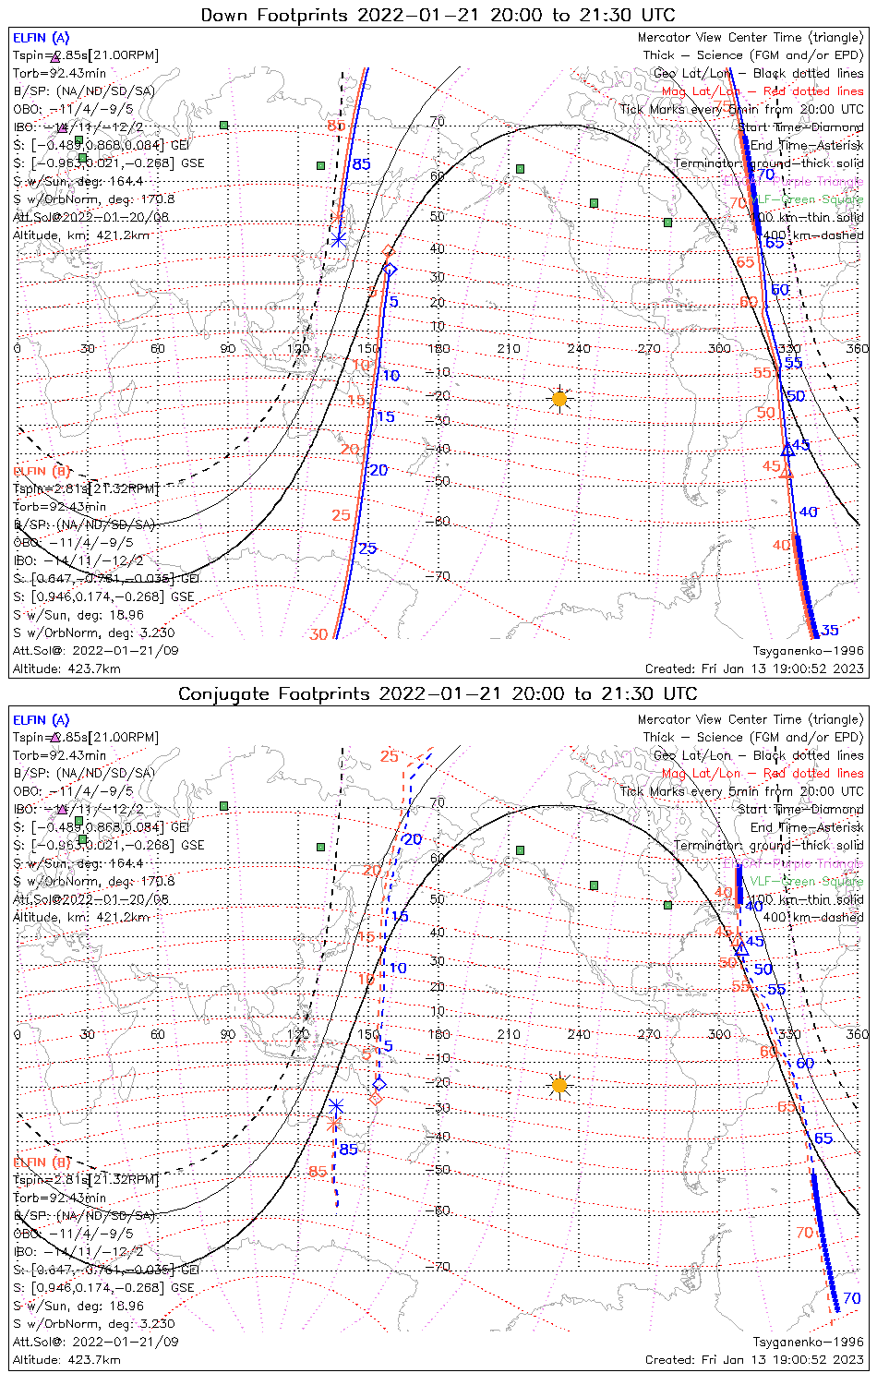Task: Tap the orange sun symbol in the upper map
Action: [x=559, y=399]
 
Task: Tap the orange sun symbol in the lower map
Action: [x=559, y=1085]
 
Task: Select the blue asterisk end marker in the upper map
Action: [x=339, y=239]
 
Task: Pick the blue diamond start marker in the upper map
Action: [x=390, y=270]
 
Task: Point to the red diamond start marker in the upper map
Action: [x=389, y=251]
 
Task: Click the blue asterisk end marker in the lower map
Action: [x=336, y=1106]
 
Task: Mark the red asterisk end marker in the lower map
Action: [x=334, y=1124]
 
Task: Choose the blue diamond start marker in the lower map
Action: [x=379, y=1084]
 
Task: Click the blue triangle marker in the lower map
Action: [x=741, y=948]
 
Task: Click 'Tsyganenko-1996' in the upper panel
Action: [x=808, y=650]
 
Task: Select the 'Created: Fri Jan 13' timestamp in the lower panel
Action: [x=754, y=1359]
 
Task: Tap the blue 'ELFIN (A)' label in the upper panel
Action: [x=41, y=38]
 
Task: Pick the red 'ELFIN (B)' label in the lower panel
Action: [x=42, y=1162]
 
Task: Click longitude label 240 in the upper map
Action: [x=579, y=349]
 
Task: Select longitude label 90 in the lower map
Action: [x=228, y=1034]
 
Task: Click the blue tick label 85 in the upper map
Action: [x=361, y=164]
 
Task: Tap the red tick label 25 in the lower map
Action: [x=389, y=757]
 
